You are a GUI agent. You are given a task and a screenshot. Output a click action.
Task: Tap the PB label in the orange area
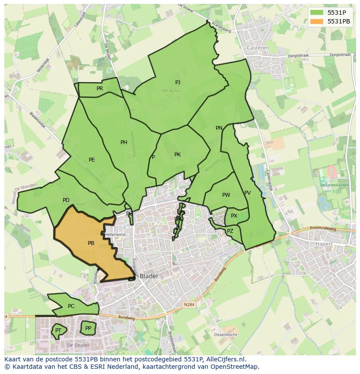point(91,243)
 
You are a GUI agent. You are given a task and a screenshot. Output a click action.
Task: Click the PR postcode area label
point(100,89)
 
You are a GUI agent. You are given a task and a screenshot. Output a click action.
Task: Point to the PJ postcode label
point(178,83)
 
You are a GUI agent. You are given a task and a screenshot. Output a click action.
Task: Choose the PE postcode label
point(92,160)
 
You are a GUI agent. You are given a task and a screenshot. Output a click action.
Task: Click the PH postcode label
point(124,142)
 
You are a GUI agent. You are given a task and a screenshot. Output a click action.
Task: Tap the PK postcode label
point(177,155)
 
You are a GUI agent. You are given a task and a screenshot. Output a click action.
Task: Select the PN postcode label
point(219,128)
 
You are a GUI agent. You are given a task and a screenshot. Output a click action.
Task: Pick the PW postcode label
point(226,195)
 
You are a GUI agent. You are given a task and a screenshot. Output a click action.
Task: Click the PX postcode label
point(234,216)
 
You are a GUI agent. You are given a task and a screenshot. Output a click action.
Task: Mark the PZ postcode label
point(230,231)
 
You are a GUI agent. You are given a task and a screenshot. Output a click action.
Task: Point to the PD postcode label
point(66,200)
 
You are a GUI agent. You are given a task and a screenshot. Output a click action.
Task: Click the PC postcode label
point(71,306)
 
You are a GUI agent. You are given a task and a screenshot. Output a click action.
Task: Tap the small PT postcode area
point(58,331)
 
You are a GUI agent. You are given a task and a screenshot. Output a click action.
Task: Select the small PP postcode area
point(88,328)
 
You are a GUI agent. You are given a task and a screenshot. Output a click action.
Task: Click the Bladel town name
point(149,276)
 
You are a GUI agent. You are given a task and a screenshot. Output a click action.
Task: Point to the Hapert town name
point(323,244)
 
